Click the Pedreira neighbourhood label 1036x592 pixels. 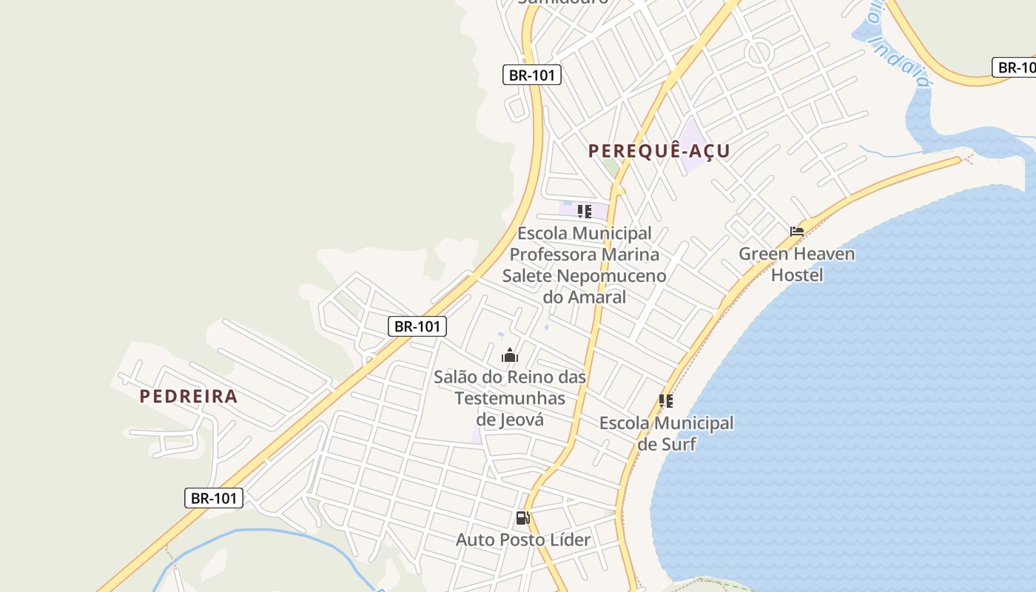(x=189, y=397)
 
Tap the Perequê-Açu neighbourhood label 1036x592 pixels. (x=659, y=151)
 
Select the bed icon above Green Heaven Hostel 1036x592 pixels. (x=797, y=232)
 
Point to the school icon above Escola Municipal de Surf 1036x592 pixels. (x=666, y=401)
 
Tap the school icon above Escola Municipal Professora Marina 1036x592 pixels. (x=585, y=212)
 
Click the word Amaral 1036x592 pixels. (x=596, y=297)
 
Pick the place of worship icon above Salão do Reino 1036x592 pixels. (x=510, y=356)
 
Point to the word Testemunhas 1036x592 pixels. (x=510, y=399)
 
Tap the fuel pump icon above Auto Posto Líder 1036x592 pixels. (x=522, y=518)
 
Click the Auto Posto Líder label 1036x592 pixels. (x=523, y=540)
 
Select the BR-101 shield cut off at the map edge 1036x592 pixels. (x=1015, y=68)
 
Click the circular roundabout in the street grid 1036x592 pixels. (x=759, y=53)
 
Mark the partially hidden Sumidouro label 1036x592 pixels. (x=562, y=2)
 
